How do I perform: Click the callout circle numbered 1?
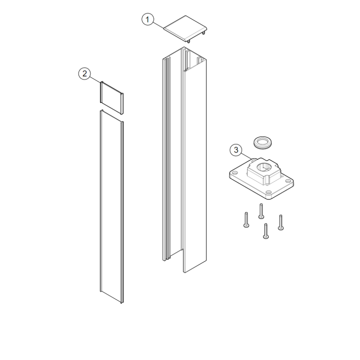click(x=147, y=19)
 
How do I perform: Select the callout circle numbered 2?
click(x=84, y=73)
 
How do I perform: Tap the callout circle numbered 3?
click(x=236, y=150)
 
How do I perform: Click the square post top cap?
click(x=185, y=28)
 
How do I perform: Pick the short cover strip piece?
click(x=112, y=97)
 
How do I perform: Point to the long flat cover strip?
click(x=112, y=206)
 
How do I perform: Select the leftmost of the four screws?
click(x=246, y=219)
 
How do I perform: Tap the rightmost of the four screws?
click(x=280, y=222)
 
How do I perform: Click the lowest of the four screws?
click(x=265, y=231)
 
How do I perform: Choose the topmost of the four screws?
click(x=261, y=211)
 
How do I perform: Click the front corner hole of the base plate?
click(x=267, y=192)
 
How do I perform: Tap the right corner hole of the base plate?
click(x=287, y=180)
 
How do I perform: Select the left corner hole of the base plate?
click(x=234, y=172)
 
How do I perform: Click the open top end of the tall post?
click(x=184, y=59)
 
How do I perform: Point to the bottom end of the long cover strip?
click(x=112, y=297)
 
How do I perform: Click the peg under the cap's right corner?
click(x=203, y=33)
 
